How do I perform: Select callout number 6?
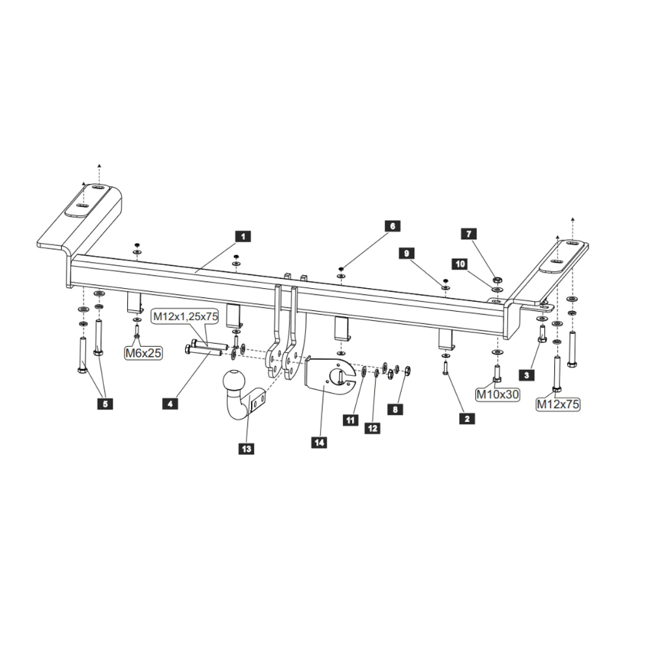point(393,226)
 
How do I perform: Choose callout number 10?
point(460,264)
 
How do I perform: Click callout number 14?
point(319,442)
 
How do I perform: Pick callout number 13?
point(247,448)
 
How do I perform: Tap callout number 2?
point(466,419)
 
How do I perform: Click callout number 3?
point(526,374)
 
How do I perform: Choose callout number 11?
point(351,421)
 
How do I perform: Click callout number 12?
point(372,428)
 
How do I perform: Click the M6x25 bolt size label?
point(143,353)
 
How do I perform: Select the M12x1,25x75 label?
point(186,317)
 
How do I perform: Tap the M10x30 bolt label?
point(497,394)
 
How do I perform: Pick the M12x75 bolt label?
point(558,404)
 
